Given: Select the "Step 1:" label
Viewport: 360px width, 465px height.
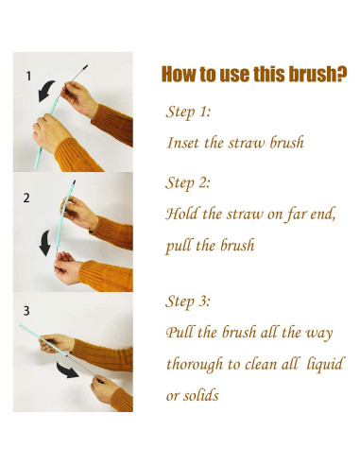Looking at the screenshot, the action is pos(188,112).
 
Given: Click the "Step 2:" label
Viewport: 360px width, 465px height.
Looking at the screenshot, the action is pos(188,182).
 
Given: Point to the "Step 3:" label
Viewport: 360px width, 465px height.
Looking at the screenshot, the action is pos(188,301).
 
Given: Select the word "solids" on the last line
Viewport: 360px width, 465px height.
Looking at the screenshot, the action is pos(201,395).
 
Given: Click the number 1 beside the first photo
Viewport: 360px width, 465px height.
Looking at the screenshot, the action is pos(28,76).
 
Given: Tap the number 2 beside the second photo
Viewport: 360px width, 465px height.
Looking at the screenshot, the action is pos(26,198).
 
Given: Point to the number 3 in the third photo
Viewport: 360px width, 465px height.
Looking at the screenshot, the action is pos(26,311).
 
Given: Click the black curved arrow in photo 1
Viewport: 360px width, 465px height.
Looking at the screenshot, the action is pos(45,91).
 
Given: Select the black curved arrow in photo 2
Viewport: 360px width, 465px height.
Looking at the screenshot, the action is pos(44,243).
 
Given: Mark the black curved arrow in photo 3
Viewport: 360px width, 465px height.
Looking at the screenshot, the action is pos(67,370).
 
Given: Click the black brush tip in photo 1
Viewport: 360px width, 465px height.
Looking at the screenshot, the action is pos(84,68).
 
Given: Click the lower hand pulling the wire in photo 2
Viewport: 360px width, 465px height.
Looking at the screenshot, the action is pos(67,268).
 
